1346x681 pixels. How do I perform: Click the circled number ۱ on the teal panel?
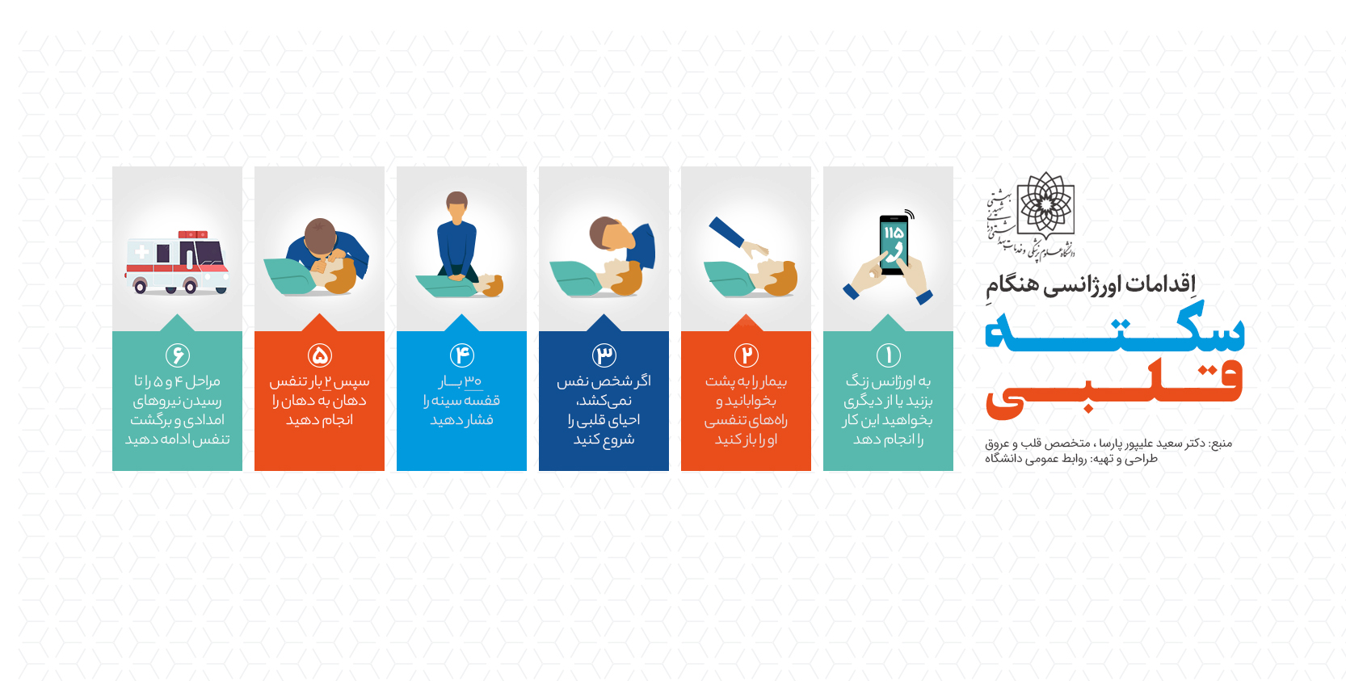[888, 355]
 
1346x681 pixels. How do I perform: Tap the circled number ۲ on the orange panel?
[747, 355]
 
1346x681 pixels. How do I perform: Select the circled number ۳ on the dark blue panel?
[604, 355]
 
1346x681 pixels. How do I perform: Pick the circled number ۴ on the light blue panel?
[462, 355]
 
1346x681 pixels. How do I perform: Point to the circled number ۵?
[320, 355]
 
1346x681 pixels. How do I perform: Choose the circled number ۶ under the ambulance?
[177, 355]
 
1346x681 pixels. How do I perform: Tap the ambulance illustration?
[177, 262]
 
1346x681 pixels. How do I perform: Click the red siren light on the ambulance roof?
[193, 234]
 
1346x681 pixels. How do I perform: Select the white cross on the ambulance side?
[141, 252]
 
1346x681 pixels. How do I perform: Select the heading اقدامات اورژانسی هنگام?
[1091, 284]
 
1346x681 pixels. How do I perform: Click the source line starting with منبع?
[1108, 443]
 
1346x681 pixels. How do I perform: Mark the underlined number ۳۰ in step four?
[473, 381]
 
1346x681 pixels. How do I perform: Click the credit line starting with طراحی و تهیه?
[1070, 459]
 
